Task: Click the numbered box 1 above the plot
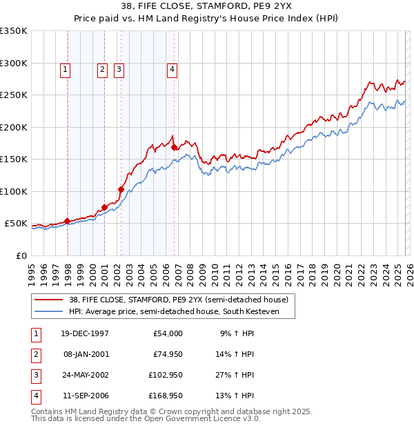pos(65,68)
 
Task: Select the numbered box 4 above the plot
pos(171,68)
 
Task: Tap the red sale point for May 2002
pos(121,189)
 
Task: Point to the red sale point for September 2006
pos(174,147)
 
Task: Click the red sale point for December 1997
pos(68,221)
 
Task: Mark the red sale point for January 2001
pos(104,207)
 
